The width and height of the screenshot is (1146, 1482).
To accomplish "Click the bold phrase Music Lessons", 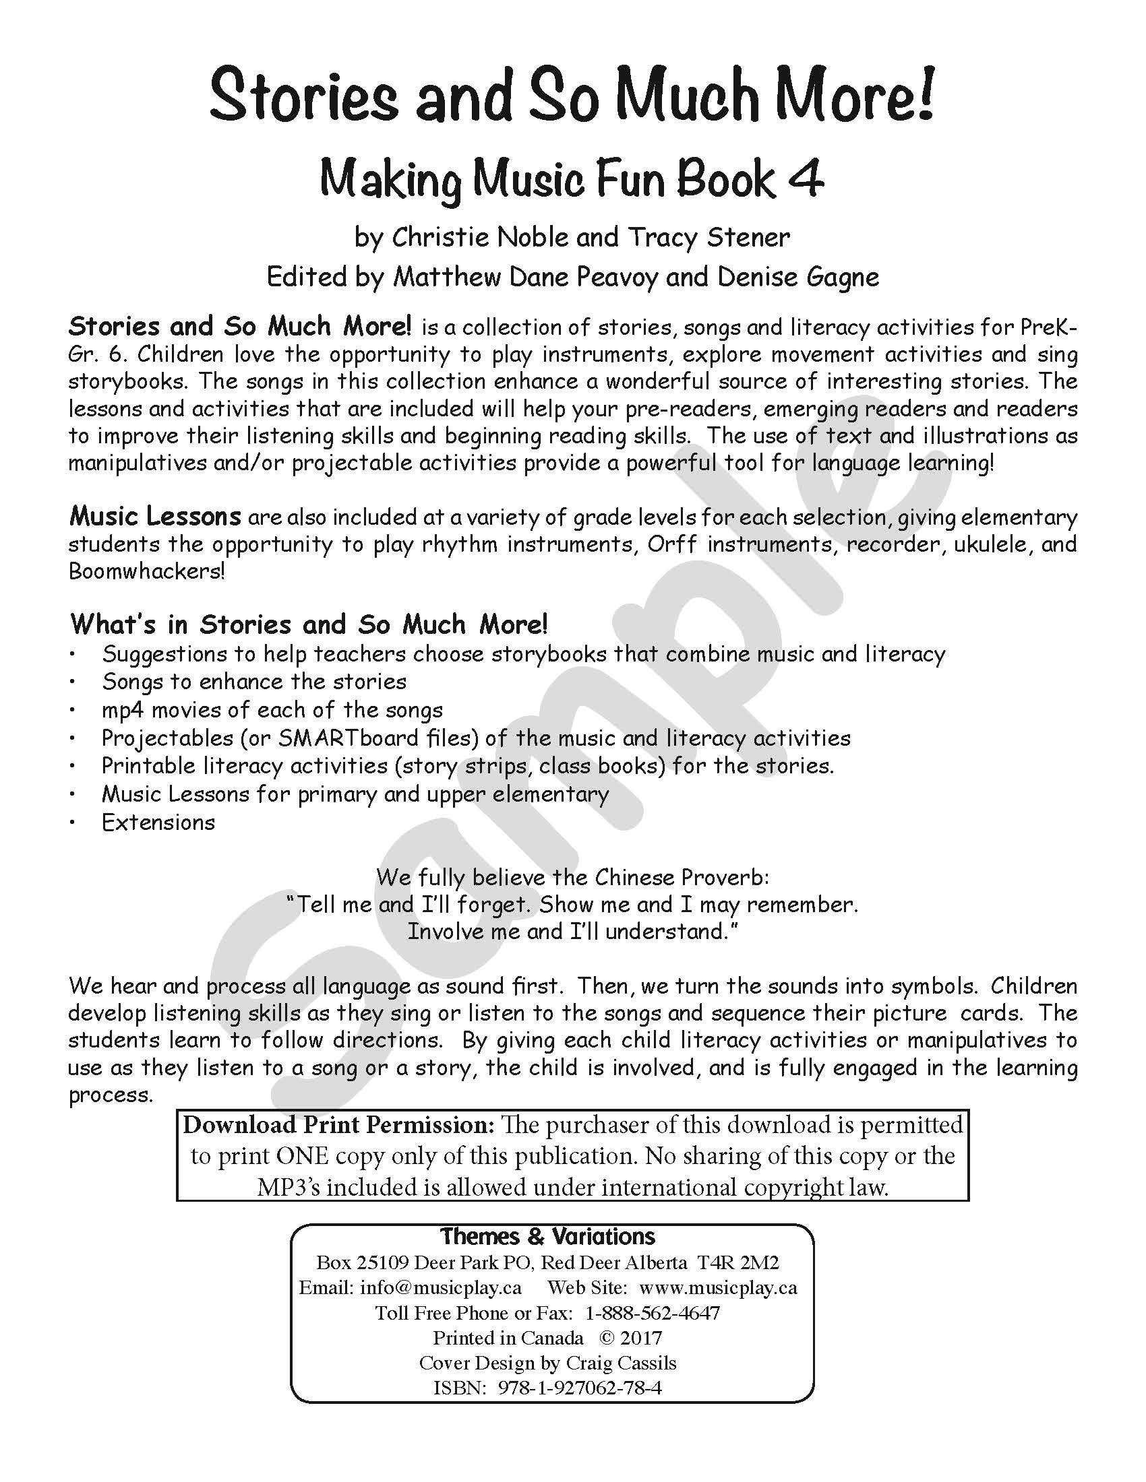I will click(155, 517).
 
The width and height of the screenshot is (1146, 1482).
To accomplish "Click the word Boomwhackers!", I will click(146, 571).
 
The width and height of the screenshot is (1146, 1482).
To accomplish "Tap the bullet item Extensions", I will click(158, 823).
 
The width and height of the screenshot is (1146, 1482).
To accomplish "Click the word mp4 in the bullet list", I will click(122, 710).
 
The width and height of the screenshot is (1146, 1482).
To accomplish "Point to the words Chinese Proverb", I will click(682, 877).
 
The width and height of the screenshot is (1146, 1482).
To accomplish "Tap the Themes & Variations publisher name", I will click(548, 1236).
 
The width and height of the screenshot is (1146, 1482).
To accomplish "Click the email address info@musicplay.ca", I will click(441, 1287).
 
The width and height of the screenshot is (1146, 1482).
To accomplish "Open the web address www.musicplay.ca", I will click(718, 1287).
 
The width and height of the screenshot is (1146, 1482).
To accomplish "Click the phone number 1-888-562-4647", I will click(652, 1313).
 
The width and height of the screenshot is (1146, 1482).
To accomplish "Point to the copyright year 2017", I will click(640, 1338).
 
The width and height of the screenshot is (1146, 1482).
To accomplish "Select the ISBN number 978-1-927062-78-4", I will click(579, 1388).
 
